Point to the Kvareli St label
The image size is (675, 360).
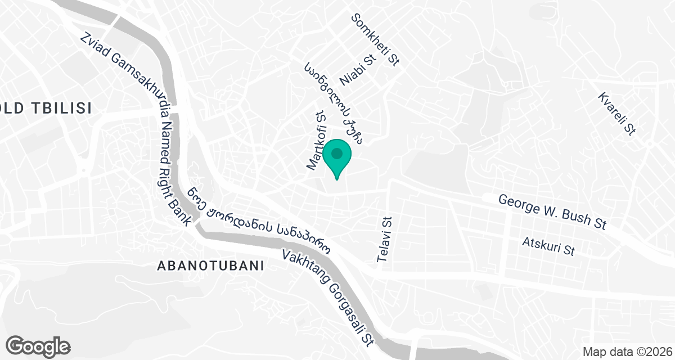[x=617, y=113]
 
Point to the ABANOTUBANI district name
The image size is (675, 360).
[x=211, y=266]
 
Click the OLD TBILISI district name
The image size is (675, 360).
[x=45, y=109]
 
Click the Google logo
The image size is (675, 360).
[x=38, y=346]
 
